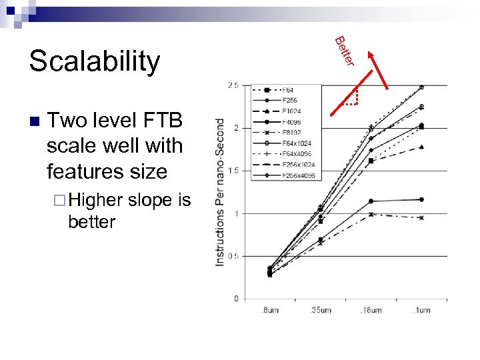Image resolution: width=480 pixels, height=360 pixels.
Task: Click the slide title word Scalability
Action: (x=94, y=61)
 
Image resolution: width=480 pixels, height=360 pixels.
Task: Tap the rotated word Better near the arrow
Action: (x=343, y=51)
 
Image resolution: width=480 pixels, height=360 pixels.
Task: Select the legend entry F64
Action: (x=289, y=90)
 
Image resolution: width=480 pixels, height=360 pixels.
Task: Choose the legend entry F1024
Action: (x=291, y=111)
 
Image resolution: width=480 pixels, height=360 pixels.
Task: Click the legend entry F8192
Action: (x=291, y=132)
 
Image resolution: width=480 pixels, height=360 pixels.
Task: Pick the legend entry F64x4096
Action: (x=297, y=154)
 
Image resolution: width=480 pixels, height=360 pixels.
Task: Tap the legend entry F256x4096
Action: (x=299, y=175)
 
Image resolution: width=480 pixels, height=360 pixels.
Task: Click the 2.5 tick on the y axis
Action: (x=233, y=85)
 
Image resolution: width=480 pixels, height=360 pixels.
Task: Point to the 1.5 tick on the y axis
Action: (x=233, y=171)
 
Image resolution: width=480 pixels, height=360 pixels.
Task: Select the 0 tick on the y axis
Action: (x=236, y=299)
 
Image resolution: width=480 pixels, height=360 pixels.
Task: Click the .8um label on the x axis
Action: (x=269, y=310)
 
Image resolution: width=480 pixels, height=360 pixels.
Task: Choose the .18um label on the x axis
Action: (x=371, y=310)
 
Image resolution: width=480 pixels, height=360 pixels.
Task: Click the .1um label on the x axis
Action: (x=422, y=310)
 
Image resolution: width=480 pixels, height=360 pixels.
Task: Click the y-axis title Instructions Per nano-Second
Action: (x=220, y=192)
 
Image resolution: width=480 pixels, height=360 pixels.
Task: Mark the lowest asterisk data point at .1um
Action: (x=421, y=217)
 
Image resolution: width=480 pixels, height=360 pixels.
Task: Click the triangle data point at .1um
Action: (x=421, y=147)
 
